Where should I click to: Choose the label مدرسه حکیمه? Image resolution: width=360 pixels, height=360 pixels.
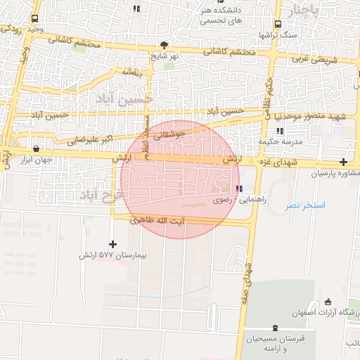[x=279, y=141]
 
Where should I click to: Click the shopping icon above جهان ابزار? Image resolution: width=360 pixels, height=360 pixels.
[x=36, y=148]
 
